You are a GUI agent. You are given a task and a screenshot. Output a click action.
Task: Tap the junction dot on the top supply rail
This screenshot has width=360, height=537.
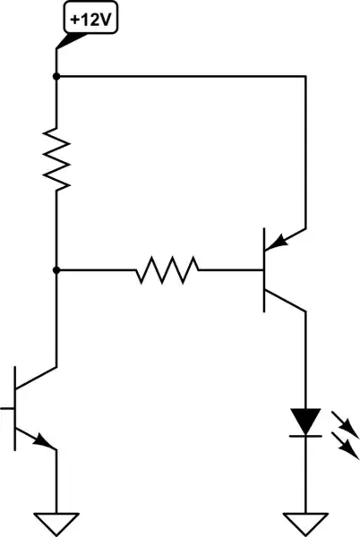[x=56, y=77]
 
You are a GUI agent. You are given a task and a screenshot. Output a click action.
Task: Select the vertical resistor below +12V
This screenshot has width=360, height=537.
[x=56, y=158]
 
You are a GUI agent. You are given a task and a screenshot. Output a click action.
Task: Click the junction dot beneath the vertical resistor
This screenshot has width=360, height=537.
[x=56, y=269]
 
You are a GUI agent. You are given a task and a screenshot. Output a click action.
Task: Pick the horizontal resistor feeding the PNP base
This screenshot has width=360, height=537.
[x=167, y=269]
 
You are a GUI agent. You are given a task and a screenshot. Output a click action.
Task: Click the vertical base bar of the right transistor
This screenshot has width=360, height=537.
[x=263, y=269]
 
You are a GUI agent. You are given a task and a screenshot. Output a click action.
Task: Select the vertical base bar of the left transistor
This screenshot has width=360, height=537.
[x=15, y=408]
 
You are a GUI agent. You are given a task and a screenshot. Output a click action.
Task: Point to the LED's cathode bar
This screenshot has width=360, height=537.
[x=307, y=435]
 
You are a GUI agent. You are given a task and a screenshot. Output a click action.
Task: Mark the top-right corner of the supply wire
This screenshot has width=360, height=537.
[x=307, y=77]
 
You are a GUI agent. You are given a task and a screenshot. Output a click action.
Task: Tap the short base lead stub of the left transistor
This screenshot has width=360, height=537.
[x=7, y=408]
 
